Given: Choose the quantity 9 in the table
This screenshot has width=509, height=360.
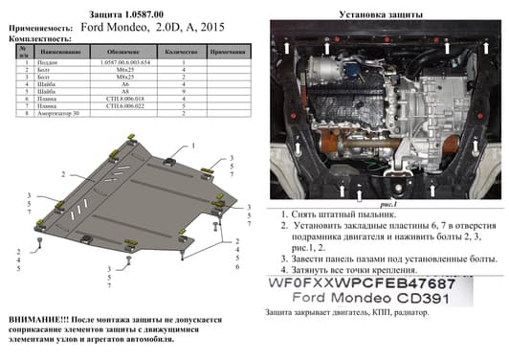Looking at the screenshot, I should (181, 91).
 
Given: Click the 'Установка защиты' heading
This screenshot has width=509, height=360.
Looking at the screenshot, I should (381, 13).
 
